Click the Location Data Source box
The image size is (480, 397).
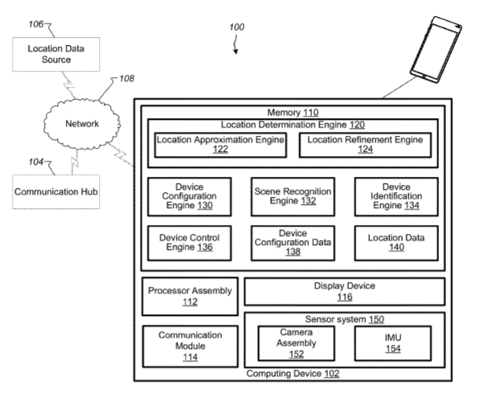(56, 54)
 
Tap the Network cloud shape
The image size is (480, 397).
(82, 124)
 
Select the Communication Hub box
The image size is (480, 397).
(56, 192)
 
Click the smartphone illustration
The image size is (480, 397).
(436, 50)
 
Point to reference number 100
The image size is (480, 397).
(236, 27)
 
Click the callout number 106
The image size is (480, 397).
(36, 24)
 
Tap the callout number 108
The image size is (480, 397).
(127, 79)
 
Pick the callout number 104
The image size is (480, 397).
(36, 162)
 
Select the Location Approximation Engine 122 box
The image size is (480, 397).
(220, 145)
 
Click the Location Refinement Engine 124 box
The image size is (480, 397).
(365, 145)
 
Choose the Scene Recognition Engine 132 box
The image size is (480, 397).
(293, 197)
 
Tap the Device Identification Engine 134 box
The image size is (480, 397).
(396, 197)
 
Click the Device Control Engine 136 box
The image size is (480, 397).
(190, 243)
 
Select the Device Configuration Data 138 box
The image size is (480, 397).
(293, 243)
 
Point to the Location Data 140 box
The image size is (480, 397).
(396, 243)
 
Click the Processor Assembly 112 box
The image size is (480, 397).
(190, 296)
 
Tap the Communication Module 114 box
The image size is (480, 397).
(190, 346)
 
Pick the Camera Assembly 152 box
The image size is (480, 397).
(297, 343)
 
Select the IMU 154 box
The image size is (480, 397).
(393, 343)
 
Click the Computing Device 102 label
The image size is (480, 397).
(293, 374)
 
